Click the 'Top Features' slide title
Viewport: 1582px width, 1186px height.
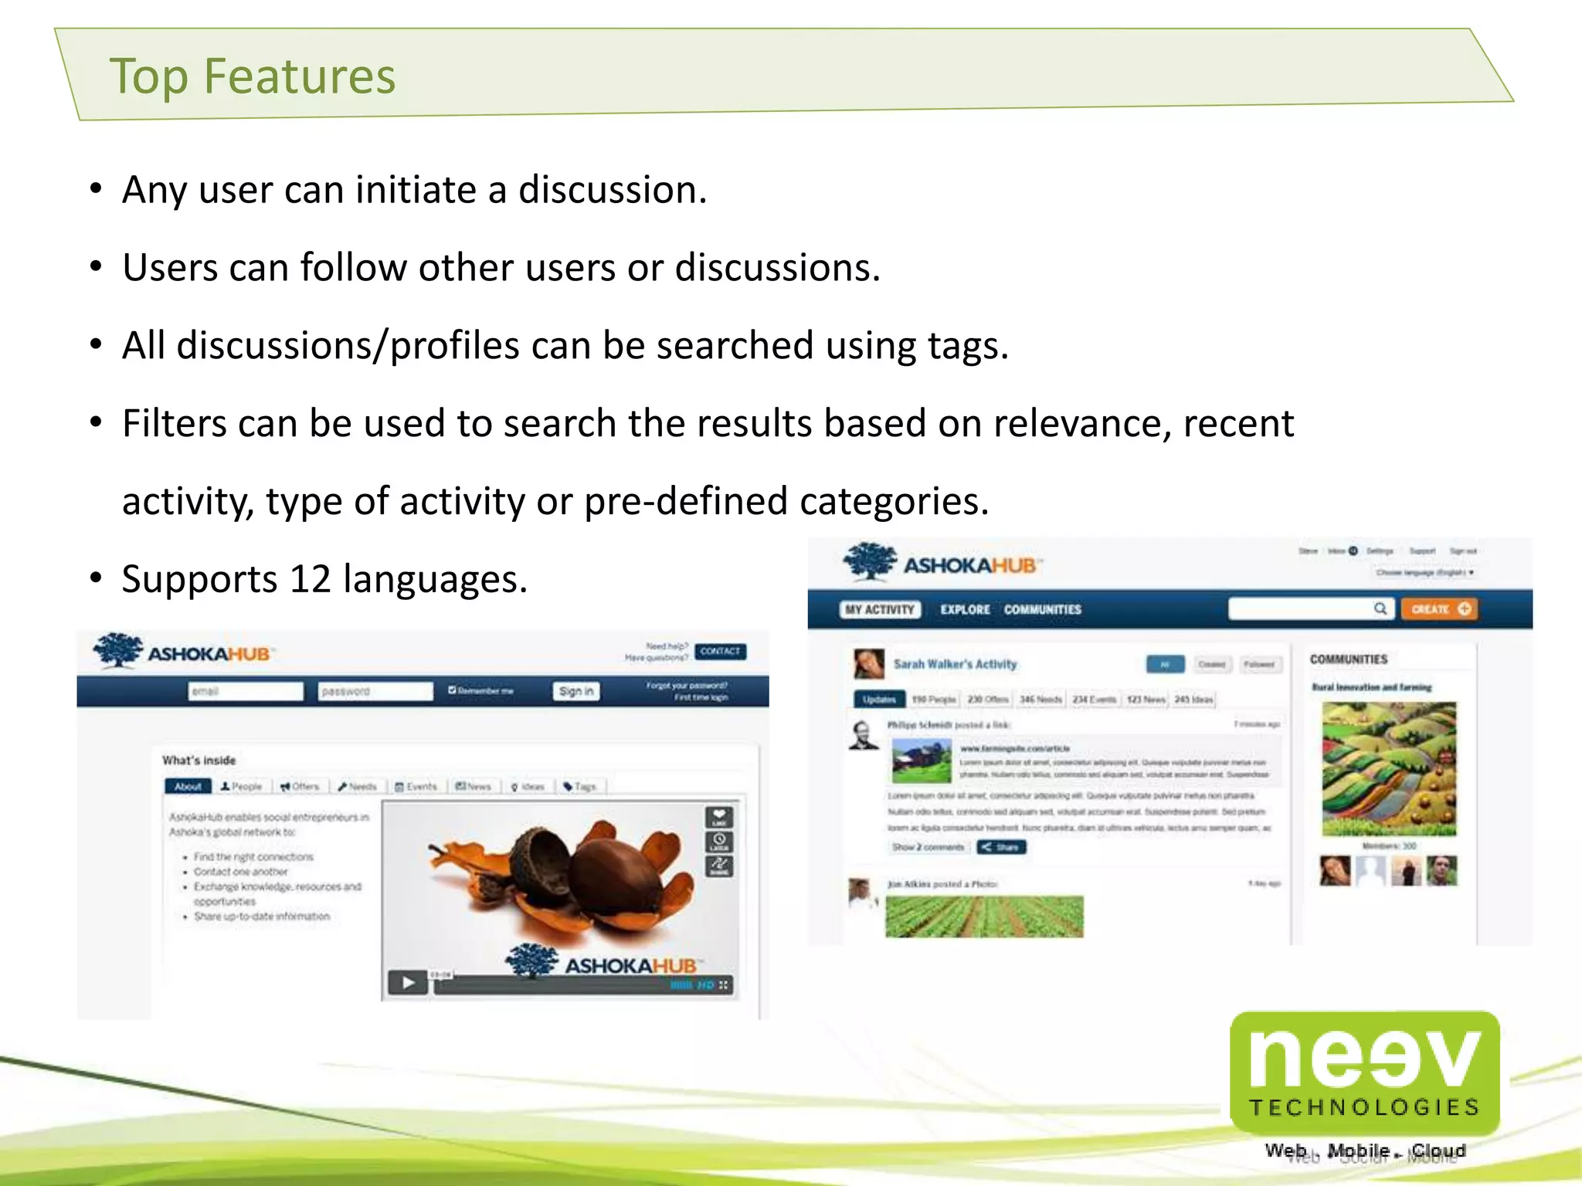click(252, 76)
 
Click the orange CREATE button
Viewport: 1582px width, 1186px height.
click(1439, 609)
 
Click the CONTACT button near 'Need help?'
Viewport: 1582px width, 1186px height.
click(720, 652)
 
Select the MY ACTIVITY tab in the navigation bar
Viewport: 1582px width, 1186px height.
click(879, 610)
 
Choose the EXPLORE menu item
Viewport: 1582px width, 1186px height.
click(965, 610)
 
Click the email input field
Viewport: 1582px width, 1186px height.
click(246, 691)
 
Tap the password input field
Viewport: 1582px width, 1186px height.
click(375, 691)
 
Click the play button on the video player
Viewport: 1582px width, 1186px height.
click(408, 983)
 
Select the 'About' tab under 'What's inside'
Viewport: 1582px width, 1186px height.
click(188, 787)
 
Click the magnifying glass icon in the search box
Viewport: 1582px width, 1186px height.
click(1380, 609)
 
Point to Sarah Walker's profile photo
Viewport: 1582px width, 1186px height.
click(868, 663)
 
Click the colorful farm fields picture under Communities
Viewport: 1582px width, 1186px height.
click(1389, 769)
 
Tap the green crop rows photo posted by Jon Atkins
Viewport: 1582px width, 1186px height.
click(984, 917)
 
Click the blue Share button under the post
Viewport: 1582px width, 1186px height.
click(1001, 847)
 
